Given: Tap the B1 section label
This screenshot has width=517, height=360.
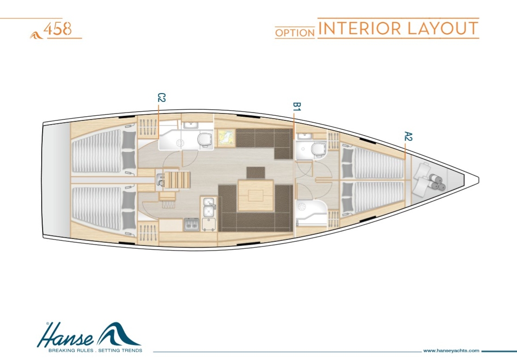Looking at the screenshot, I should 297,107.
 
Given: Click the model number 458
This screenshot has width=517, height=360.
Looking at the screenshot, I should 57,29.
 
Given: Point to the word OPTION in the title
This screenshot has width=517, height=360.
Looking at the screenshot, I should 294,33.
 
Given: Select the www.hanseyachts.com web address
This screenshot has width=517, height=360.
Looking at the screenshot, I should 451,351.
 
